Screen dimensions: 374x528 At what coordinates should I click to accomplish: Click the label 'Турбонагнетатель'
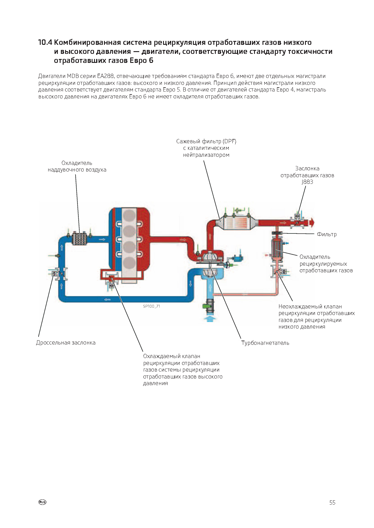(265, 343)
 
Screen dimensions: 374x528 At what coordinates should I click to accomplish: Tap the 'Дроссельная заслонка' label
(66, 343)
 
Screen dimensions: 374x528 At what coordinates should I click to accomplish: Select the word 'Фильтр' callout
(327, 234)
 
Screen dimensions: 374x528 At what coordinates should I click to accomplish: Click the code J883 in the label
(307, 182)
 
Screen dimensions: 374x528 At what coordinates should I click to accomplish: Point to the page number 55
(332, 503)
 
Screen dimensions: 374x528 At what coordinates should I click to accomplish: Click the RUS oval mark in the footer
(42, 502)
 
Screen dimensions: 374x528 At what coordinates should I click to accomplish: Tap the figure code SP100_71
(152, 306)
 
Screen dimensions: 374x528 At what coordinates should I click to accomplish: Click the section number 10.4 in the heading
(45, 42)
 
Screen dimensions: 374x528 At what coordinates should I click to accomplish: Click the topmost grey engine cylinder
(130, 215)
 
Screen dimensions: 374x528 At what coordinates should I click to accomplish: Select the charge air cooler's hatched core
(80, 239)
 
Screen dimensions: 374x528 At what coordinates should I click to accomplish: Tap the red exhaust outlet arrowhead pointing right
(311, 222)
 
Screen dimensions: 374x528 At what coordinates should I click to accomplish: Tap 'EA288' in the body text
(105, 76)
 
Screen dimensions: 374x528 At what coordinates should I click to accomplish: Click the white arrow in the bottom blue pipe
(107, 300)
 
